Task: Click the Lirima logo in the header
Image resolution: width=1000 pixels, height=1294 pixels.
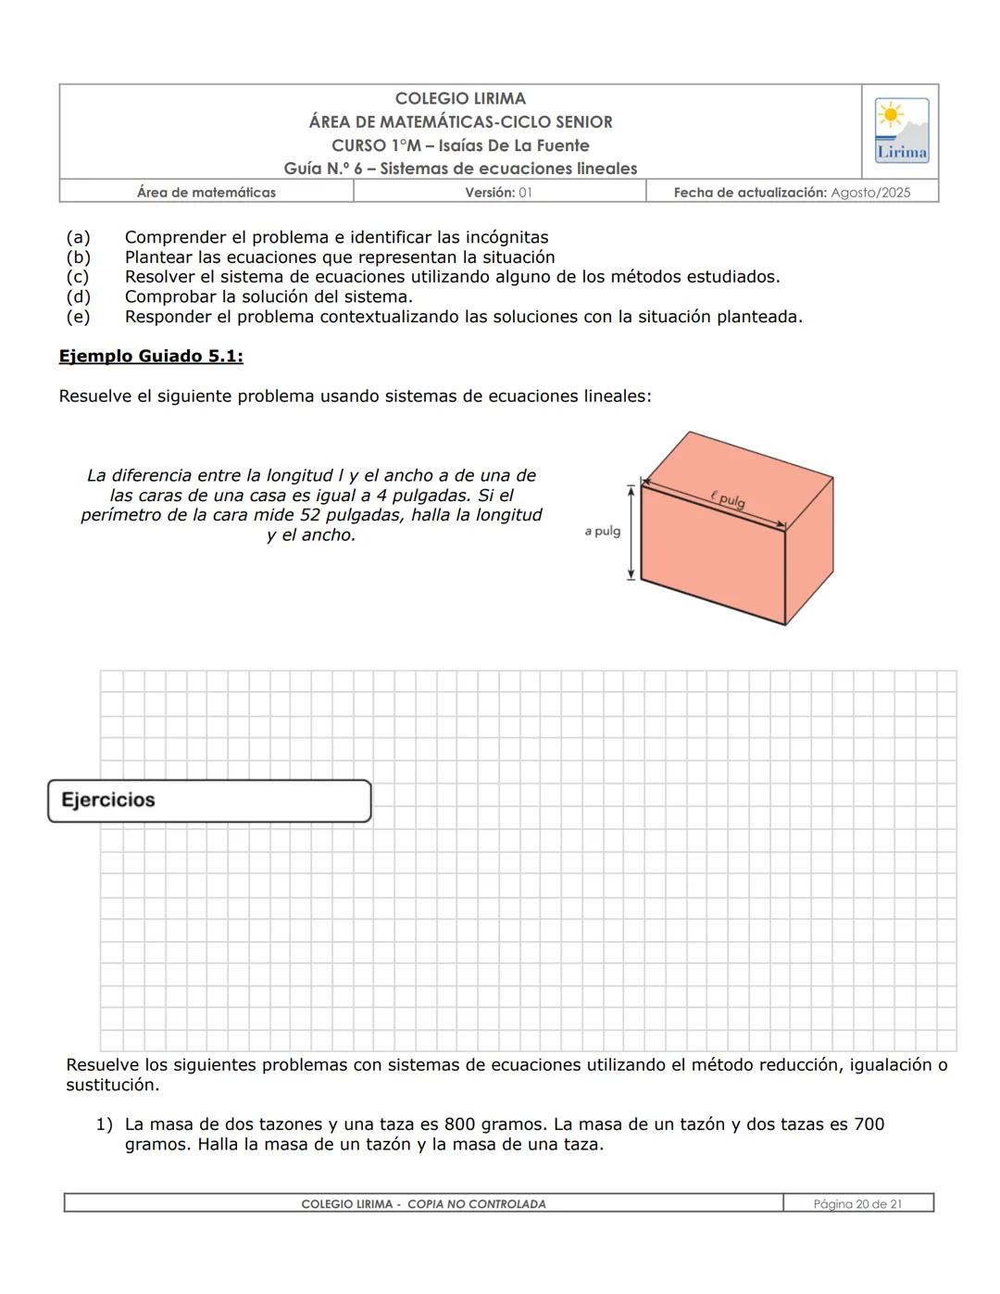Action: (901, 131)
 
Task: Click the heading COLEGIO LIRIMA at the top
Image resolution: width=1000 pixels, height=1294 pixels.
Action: (460, 98)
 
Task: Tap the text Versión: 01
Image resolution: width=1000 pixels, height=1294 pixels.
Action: (498, 193)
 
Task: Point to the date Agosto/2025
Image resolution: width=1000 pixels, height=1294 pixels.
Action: (870, 193)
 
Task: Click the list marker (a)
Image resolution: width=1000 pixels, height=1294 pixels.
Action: (78, 237)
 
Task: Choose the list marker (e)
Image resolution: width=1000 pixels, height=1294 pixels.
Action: (78, 317)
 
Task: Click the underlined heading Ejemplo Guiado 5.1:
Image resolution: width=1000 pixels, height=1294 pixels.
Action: (151, 357)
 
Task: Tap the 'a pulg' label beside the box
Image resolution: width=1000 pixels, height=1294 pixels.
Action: (603, 531)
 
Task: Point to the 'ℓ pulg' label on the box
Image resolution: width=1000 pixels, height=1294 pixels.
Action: (729, 499)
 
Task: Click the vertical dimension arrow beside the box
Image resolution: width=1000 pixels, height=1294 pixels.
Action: (631, 531)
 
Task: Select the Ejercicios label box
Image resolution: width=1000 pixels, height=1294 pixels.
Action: (209, 800)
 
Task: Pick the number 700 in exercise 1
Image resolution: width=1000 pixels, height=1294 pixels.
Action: (869, 1124)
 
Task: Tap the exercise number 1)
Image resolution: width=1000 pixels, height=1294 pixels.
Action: (104, 1124)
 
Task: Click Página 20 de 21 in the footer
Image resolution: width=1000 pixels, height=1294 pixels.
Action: (857, 1204)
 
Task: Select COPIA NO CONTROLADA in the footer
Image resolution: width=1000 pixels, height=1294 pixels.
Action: (476, 1204)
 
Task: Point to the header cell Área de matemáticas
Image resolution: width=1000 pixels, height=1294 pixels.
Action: (206, 193)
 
